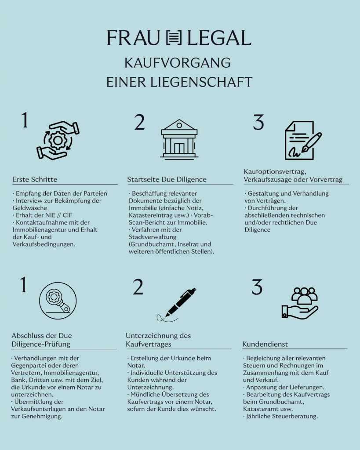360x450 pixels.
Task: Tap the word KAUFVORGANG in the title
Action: point(177,62)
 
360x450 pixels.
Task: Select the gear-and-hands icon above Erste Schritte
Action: point(58,140)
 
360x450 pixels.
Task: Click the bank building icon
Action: point(179,138)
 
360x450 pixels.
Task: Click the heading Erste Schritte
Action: point(35,179)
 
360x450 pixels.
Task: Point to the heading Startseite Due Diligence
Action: point(167,179)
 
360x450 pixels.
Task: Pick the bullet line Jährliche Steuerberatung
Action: point(281,416)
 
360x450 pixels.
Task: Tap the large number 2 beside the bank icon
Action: point(139,123)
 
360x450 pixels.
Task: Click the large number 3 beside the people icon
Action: point(257,287)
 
